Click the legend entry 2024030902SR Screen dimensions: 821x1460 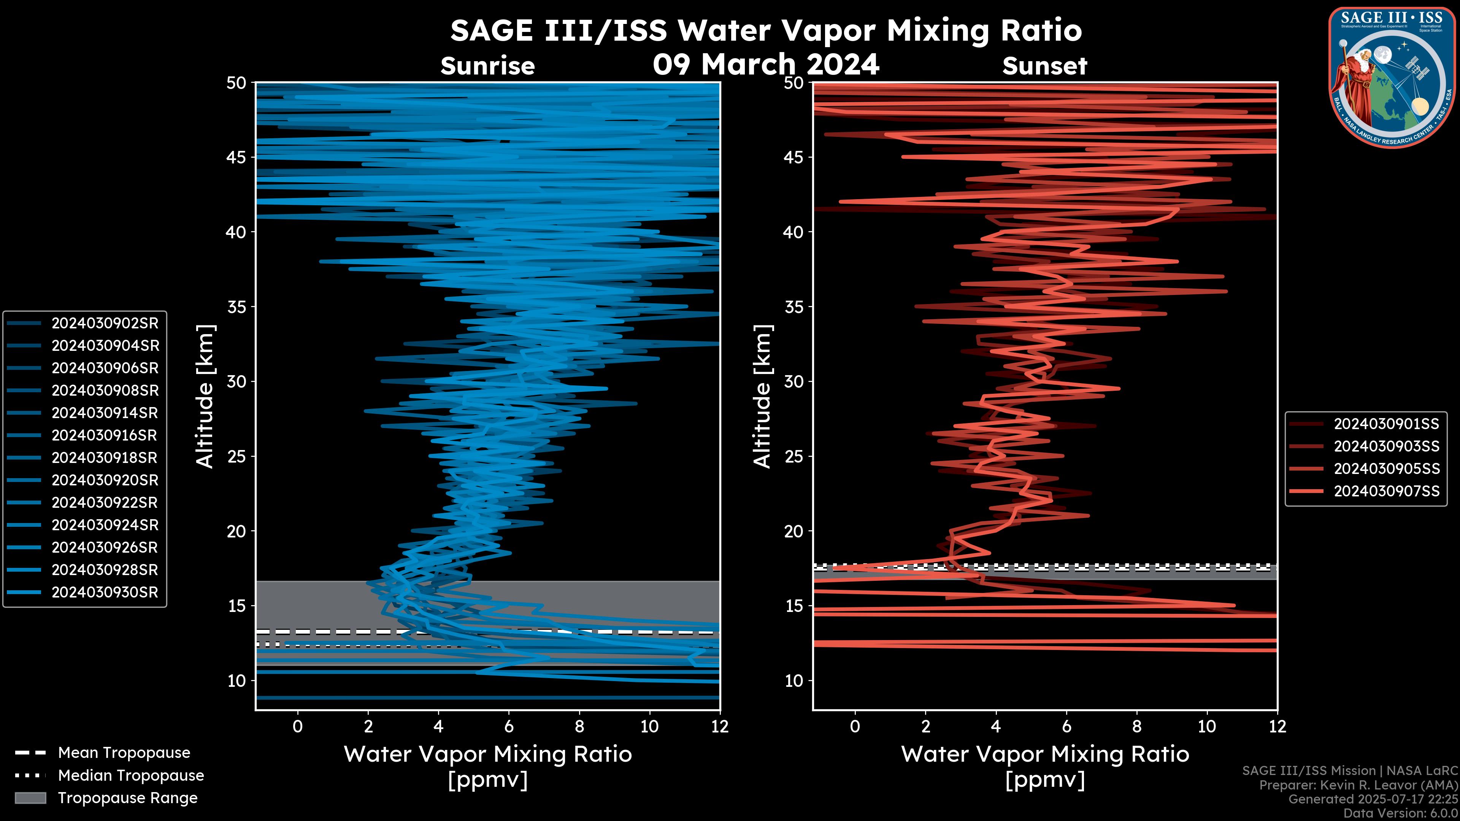tap(105, 323)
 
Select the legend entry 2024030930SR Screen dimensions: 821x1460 tap(105, 592)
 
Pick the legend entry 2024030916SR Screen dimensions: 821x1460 tap(105, 435)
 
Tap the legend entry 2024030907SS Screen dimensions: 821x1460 tap(1386, 491)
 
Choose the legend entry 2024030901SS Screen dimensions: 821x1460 tap(1386, 424)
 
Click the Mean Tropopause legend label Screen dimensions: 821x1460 tap(124, 753)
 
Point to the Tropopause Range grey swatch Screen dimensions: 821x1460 tap(30, 798)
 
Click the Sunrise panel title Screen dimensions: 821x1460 tap(487, 66)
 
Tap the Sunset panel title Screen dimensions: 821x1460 tap(1044, 66)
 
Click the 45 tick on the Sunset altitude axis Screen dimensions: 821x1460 tap(794, 157)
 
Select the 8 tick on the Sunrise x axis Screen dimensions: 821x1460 tap(579, 726)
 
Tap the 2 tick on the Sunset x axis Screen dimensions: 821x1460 tap(925, 726)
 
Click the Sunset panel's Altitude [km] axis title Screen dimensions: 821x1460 tap(762, 396)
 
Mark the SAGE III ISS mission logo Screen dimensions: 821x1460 tap(1392, 78)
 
